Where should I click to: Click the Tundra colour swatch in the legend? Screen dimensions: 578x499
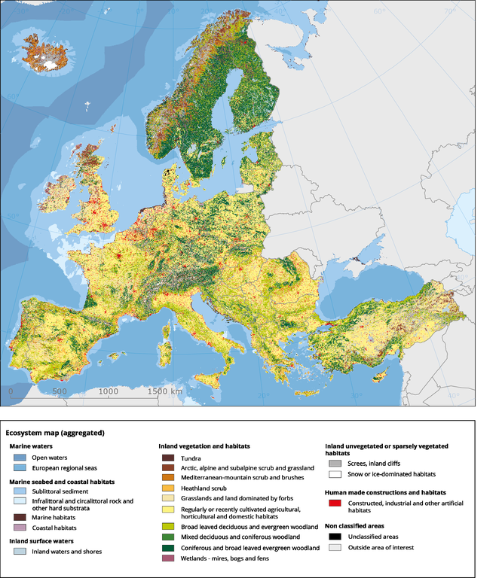168,457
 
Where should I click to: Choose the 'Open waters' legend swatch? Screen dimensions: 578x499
18,457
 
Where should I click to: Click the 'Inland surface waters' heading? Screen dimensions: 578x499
44,540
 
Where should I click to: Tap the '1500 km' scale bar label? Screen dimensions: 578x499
166,391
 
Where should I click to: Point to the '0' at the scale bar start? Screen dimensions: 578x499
11,391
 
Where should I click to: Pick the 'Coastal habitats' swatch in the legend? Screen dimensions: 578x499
18,528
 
